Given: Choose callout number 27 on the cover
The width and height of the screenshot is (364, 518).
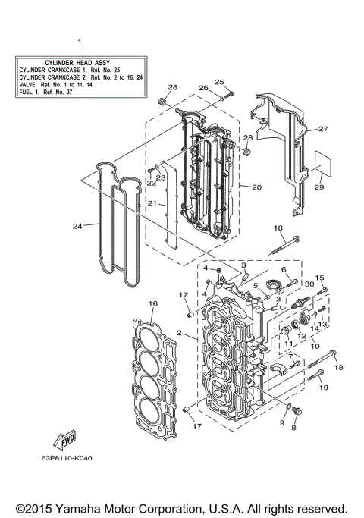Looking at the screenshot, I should [322, 129].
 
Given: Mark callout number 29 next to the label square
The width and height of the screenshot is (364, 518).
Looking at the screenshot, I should [319, 187].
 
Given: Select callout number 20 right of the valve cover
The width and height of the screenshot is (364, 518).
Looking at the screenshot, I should [256, 187].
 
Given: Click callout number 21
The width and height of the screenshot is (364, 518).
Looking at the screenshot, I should [152, 203].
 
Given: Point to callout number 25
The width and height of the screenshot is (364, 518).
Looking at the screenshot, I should [219, 82].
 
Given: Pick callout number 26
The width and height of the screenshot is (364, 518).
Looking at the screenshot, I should [203, 88].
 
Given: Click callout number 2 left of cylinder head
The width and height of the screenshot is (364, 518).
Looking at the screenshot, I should [179, 333].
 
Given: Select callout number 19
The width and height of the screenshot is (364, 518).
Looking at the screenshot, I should [324, 388].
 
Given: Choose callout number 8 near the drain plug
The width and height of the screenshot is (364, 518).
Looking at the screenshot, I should [294, 428].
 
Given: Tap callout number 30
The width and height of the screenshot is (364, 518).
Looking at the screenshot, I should [309, 284].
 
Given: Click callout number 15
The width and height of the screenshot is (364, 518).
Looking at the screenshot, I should [320, 278].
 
